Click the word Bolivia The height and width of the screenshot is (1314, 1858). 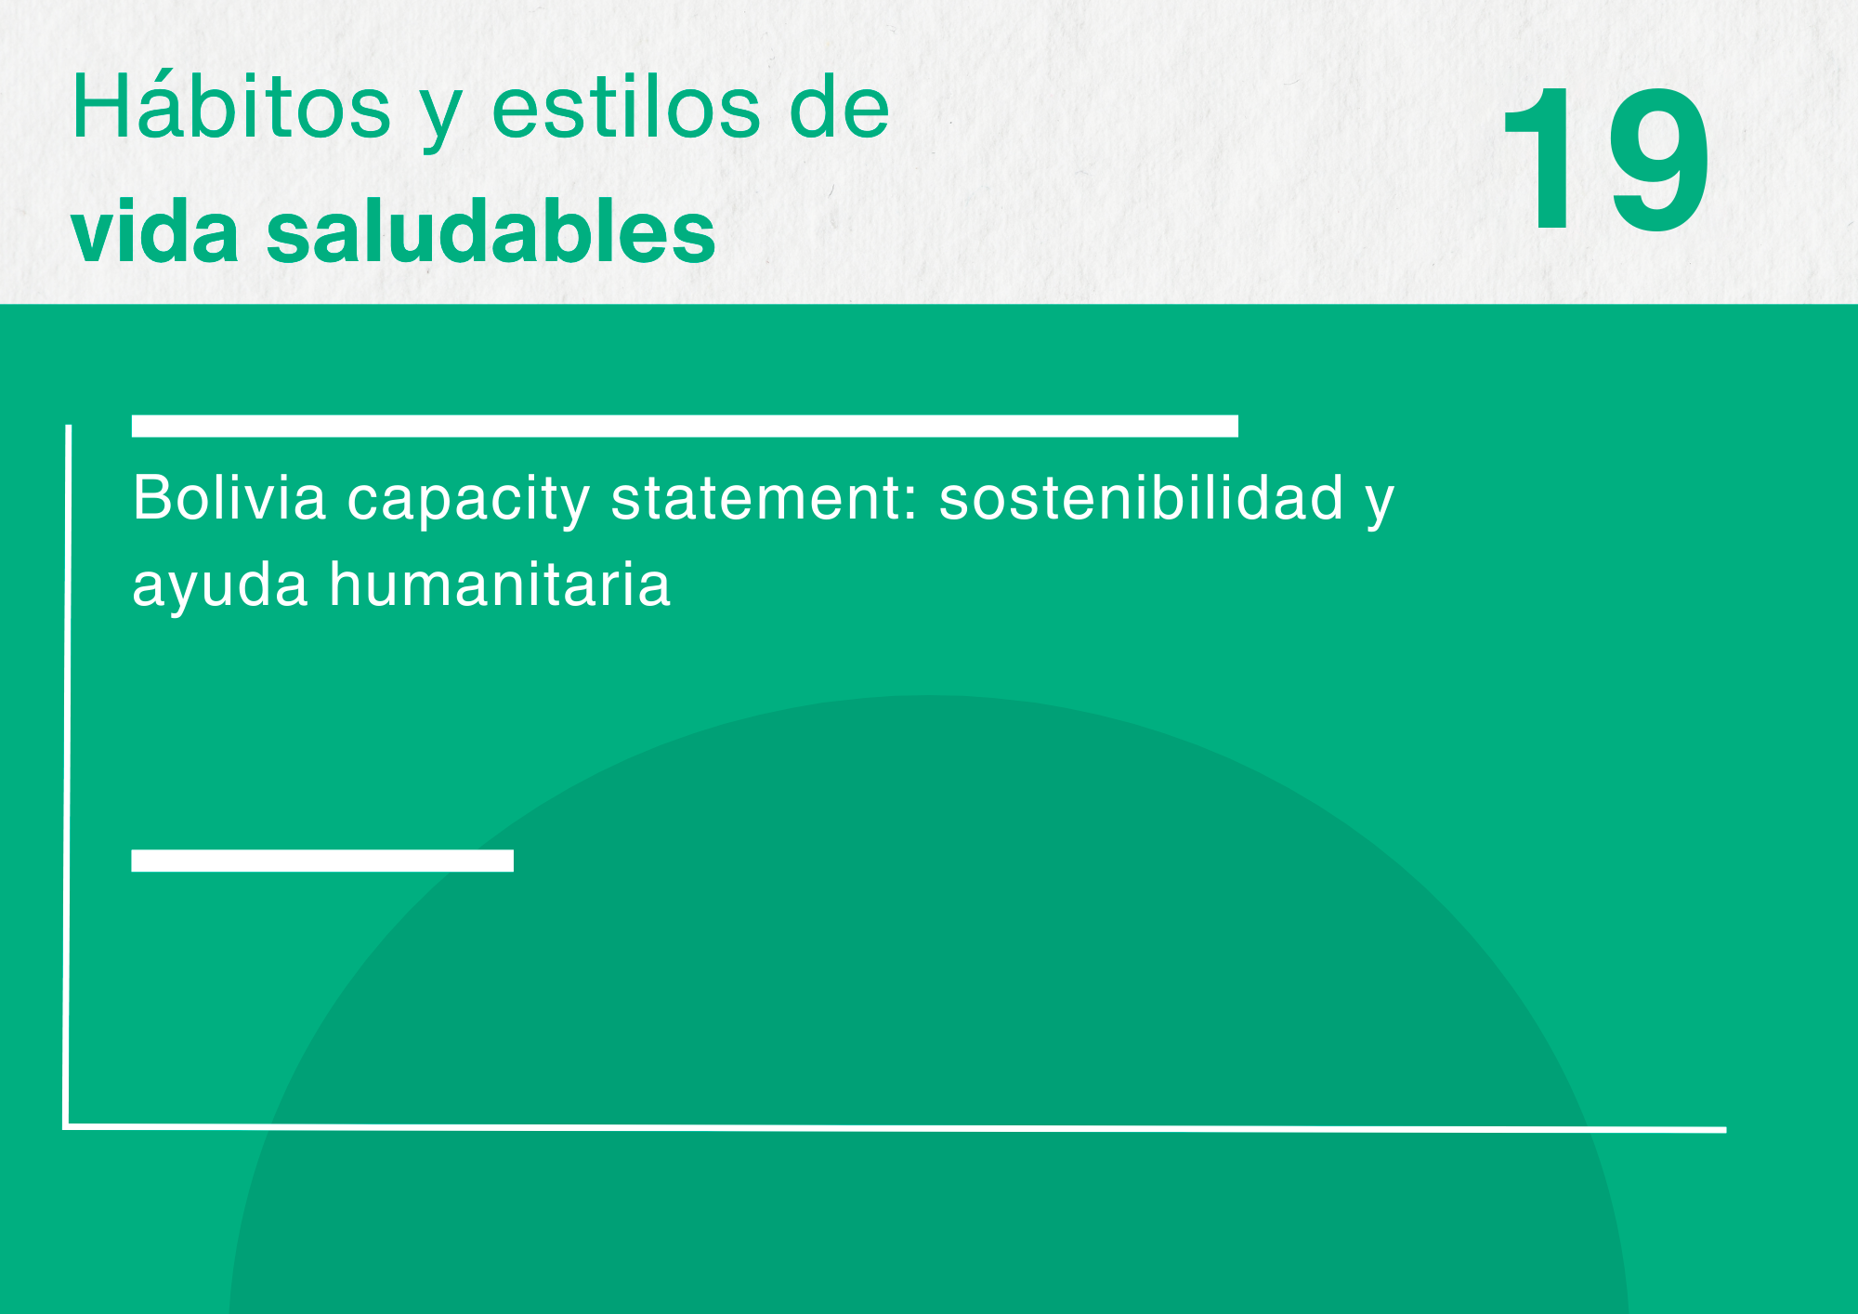229,497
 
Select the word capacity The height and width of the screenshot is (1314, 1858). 468,502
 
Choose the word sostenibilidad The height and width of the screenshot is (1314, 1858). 1141,497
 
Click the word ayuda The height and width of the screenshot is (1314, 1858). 220,585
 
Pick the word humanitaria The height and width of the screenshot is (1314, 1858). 500,584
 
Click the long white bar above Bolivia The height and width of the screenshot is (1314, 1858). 685,426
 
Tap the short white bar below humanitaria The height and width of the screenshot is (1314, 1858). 322,861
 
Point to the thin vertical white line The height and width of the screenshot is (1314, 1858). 67,776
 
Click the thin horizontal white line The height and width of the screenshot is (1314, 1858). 895,1128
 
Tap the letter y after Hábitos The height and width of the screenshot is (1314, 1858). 440,119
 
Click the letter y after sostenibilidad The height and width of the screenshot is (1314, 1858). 1380,507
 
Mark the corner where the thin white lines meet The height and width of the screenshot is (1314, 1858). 66,1127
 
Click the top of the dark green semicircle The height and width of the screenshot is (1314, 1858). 929,696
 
